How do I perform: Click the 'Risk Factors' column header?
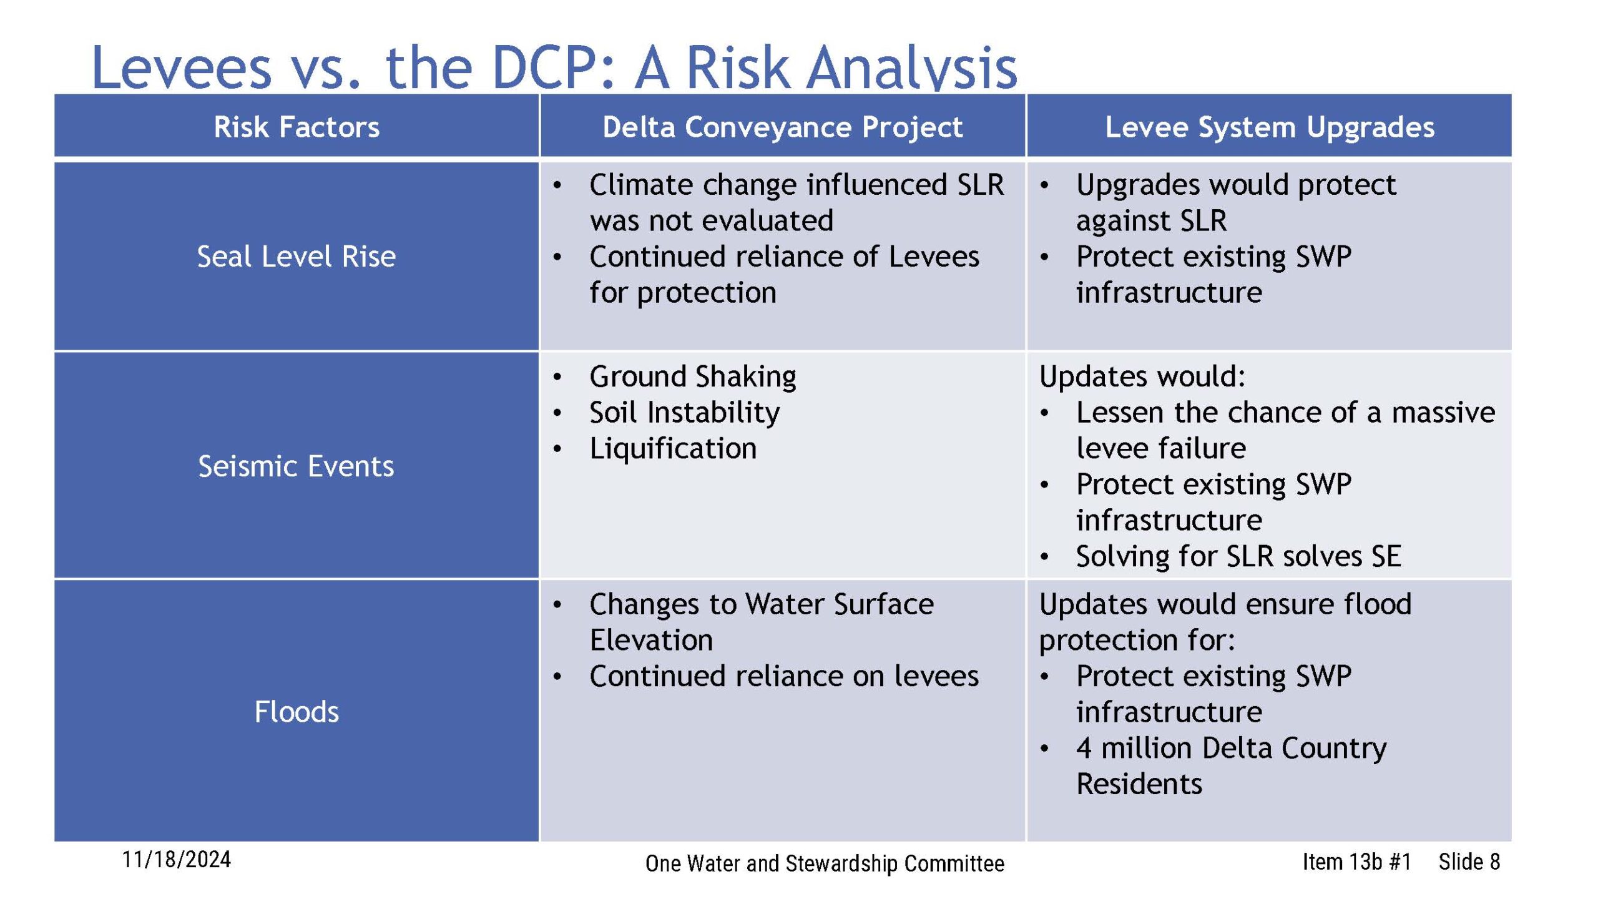(x=297, y=127)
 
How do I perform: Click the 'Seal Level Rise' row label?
(x=297, y=257)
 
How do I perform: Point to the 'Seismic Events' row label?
(x=297, y=466)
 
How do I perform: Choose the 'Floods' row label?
(x=297, y=712)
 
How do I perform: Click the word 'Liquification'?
(x=673, y=449)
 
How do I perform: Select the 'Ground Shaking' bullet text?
(x=693, y=377)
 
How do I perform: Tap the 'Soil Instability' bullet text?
(x=685, y=413)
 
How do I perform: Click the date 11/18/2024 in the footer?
(x=177, y=860)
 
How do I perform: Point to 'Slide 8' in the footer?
(x=1469, y=862)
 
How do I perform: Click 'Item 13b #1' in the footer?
(x=1356, y=862)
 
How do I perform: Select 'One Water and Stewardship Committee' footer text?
(x=825, y=864)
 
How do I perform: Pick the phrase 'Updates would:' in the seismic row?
(x=1142, y=376)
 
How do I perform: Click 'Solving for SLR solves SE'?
(x=1238, y=556)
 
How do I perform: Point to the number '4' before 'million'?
(x=1084, y=748)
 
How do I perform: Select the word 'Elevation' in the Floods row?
(x=651, y=641)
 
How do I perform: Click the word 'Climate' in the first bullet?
(x=641, y=185)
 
